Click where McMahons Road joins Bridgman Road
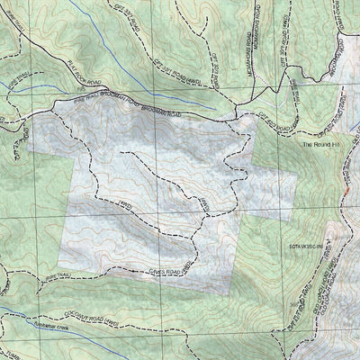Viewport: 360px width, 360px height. pos(237,114)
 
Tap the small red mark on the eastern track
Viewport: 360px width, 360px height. pos(345,193)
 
